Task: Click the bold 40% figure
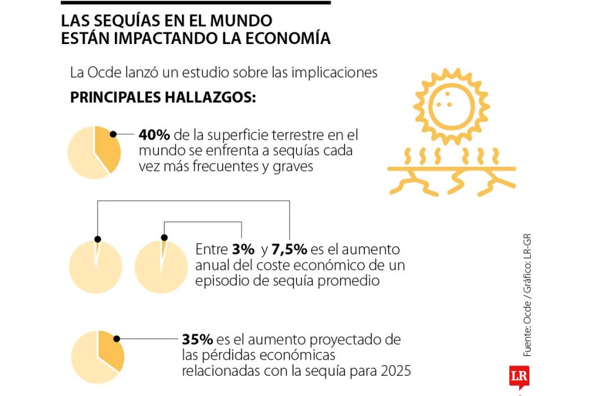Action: click(x=154, y=135)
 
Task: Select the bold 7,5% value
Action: click(x=290, y=250)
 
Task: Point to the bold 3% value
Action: click(x=242, y=250)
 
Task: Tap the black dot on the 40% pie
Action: click(x=113, y=134)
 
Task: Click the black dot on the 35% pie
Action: click(x=117, y=339)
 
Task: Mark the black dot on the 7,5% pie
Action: click(x=97, y=239)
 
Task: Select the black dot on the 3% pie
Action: click(x=164, y=238)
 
